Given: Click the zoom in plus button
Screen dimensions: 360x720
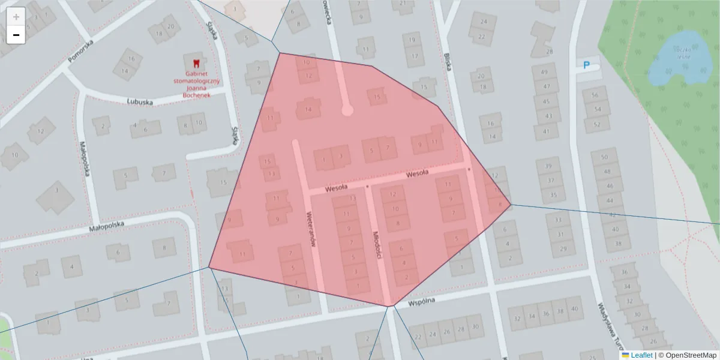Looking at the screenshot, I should pyautogui.click(x=16, y=16).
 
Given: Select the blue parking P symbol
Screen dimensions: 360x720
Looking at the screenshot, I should pyautogui.click(x=587, y=65).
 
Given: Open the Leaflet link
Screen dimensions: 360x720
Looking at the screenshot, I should pyautogui.click(x=641, y=355).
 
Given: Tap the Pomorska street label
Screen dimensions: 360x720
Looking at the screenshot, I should pyautogui.click(x=81, y=52).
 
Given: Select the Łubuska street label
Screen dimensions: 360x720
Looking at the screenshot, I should pyautogui.click(x=140, y=101).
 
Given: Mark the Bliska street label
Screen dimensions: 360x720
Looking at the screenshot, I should pyautogui.click(x=448, y=62).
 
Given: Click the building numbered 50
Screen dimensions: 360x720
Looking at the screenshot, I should pyautogui.click(x=604, y=157).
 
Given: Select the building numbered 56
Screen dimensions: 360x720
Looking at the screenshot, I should pyautogui.click(x=595, y=95).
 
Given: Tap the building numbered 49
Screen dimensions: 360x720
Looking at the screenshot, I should pyautogui.click(x=545, y=73).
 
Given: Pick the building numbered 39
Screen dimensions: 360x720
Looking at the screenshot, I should pyautogui.click(x=548, y=166).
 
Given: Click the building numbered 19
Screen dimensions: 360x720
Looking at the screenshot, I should pyautogui.click(x=412, y=41).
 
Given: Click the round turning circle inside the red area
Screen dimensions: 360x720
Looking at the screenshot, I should pyautogui.click(x=347, y=110).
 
